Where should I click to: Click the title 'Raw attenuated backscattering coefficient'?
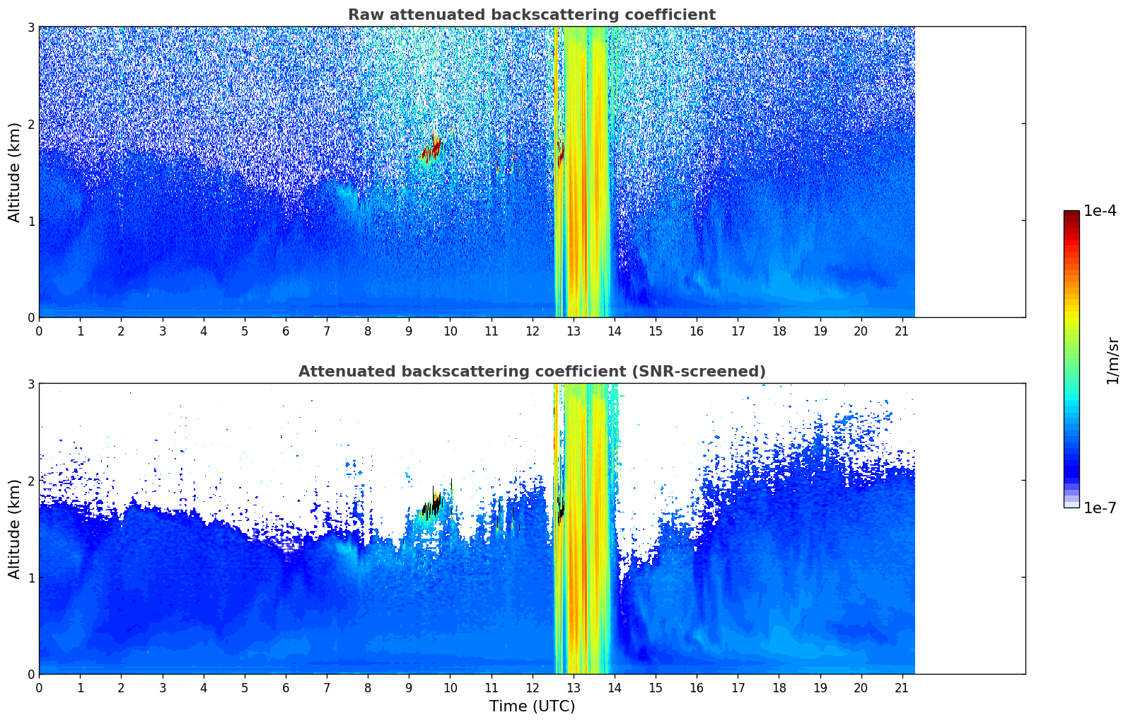point(531,15)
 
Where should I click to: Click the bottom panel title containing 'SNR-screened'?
point(531,372)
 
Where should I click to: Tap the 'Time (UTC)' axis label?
point(532,706)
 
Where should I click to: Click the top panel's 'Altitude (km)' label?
point(14,172)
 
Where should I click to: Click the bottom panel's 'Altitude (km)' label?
point(14,529)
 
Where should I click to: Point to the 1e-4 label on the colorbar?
point(1100,211)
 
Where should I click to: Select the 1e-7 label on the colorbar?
point(1100,508)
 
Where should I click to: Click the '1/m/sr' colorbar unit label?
point(1112,361)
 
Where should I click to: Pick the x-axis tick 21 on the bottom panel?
point(902,688)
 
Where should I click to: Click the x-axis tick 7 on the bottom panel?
point(327,688)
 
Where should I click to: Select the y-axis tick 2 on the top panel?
point(30,124)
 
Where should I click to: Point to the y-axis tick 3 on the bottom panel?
point(30,384)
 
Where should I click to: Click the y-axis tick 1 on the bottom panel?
point(30,578)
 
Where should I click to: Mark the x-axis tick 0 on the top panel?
point(39,331)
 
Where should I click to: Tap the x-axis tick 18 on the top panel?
point(779,331)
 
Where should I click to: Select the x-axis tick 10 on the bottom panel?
point(450,688)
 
